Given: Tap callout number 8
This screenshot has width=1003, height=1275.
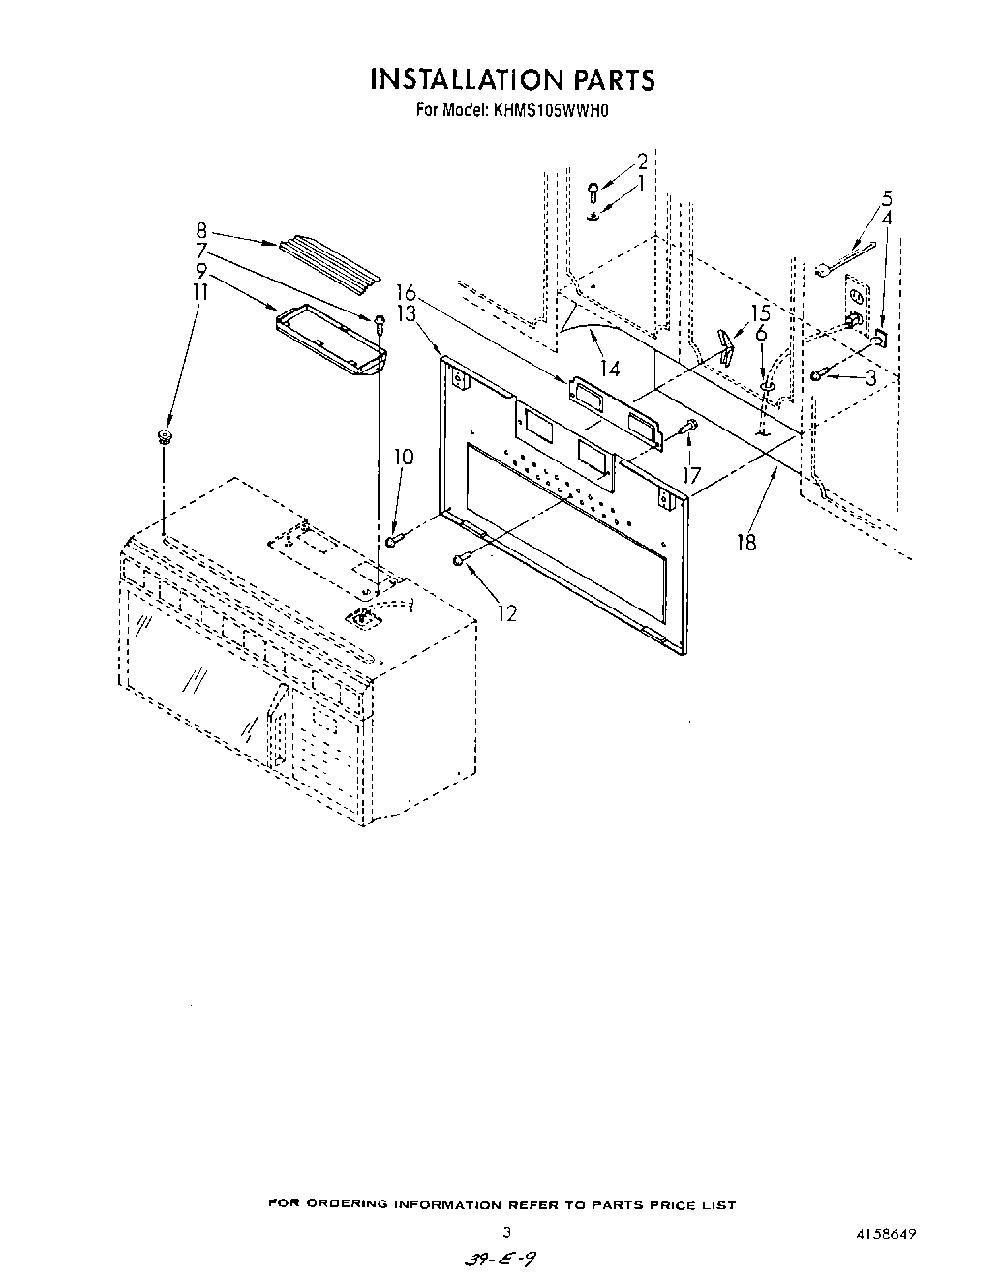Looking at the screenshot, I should [201, 230].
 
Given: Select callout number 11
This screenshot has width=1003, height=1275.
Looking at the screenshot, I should [201, 288].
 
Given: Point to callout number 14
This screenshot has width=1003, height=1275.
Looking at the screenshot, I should [609, 369].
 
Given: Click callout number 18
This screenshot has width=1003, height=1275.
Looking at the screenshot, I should [745, 542].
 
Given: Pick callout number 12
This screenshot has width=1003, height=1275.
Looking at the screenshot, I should [506, 612].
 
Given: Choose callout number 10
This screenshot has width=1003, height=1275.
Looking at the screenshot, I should [404, 457].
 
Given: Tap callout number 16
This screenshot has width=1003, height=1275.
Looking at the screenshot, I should [405, 291].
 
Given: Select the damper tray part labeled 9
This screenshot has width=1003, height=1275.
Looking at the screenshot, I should [330, 338].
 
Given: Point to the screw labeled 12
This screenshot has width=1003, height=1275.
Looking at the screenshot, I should [461, 558].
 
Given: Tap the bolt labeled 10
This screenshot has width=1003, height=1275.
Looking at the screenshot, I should [393, 540].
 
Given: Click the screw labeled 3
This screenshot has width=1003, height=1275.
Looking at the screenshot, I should [820, 375].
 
